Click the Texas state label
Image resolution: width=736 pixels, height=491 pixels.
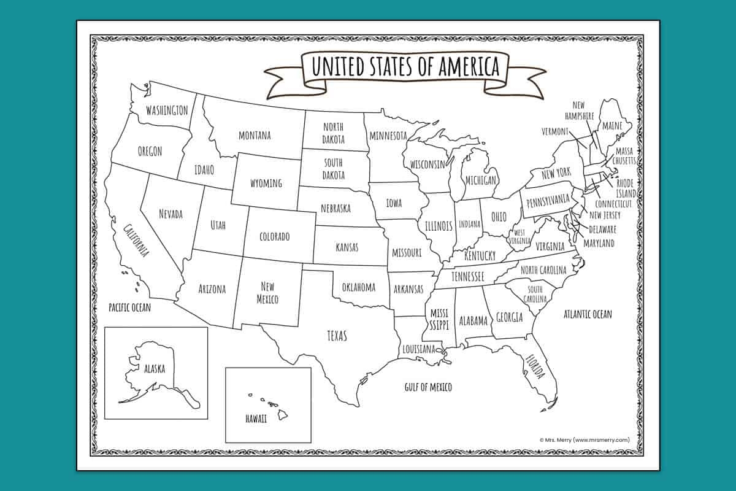pos(337,336)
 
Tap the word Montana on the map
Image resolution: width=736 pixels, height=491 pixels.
pos(255,136)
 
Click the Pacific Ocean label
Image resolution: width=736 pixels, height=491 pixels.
pos(129,307)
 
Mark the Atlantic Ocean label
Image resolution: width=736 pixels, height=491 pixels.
pos(588,314)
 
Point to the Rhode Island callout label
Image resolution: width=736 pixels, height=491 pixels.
pos(626,188)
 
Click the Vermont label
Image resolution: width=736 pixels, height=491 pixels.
pos(555,131)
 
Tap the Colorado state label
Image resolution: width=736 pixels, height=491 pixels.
pos(274,237)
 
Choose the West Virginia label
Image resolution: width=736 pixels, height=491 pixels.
pos(520,237)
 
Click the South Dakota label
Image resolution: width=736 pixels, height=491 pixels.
pos(334,169)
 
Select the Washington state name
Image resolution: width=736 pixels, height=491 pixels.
pos(166,110)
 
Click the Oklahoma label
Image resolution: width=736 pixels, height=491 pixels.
pos(358,287)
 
